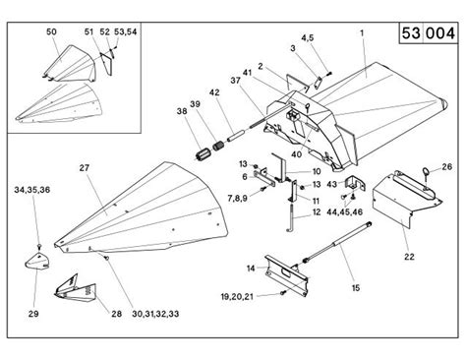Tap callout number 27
click(x=84, y=168)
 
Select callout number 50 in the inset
click(x=52, y=32)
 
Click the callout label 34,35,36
click(x=33, y=188)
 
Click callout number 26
click(x=446, y=167)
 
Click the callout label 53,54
click(x=125, y=32)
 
